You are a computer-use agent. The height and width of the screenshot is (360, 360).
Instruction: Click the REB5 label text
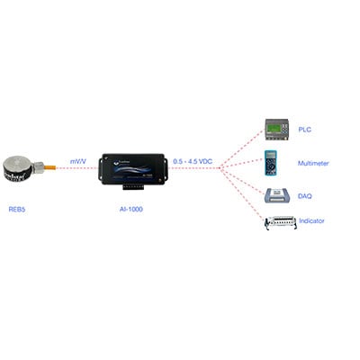(17, 209)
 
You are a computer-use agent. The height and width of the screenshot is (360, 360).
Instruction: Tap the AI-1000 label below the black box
(131, 209)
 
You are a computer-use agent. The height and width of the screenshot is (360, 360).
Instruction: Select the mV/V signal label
(78, 162)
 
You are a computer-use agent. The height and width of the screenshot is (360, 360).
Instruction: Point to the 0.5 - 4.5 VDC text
(193, 161)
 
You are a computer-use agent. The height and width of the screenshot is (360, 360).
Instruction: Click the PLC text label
(304, 130)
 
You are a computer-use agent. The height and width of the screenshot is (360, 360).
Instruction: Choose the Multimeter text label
(313, 164)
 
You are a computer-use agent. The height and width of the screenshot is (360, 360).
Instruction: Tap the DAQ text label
(304, 196)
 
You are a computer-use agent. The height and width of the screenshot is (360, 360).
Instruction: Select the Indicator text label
(311, 220)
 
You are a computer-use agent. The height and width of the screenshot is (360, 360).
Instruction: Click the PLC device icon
(277, 130)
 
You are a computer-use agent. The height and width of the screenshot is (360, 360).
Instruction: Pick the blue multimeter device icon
(271, 163)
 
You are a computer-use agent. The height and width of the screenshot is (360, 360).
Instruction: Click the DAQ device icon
(277, 195)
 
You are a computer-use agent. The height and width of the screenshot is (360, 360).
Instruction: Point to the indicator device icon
(281, 222)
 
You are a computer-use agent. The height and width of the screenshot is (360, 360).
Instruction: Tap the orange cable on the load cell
(49, 166)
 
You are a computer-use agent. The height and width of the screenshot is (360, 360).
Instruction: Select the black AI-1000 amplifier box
(133, 169)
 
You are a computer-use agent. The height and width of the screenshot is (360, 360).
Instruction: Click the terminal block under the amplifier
(133, 187)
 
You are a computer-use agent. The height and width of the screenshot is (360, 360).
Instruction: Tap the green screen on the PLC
(274, 129)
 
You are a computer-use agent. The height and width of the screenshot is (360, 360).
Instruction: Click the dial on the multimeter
(271, 166)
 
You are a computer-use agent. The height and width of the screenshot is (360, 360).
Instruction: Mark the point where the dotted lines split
(220, 168)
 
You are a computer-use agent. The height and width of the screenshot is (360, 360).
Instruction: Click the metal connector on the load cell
(39, 167)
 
